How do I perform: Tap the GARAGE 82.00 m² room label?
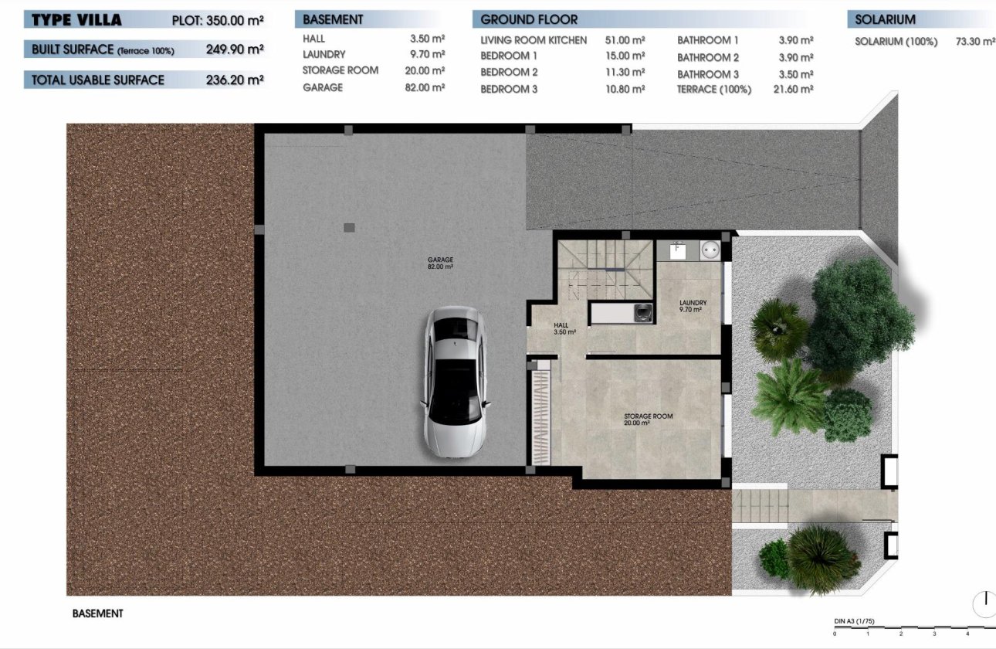coord(441,263)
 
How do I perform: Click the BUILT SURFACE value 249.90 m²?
coord(235,49)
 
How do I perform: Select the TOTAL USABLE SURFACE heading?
coord(98,80)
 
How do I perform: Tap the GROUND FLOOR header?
coord(529,19)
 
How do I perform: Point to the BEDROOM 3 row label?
coord(509,90)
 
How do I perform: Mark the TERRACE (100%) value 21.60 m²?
coord(795,90)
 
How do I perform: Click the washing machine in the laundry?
coord(710,250)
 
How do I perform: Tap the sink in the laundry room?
coord(678,250)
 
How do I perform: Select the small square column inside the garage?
coord(349,227)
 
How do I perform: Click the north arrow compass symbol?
coord(984,603)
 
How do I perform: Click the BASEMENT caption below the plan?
coord(97,613)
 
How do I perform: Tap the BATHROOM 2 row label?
coord(708,58)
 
